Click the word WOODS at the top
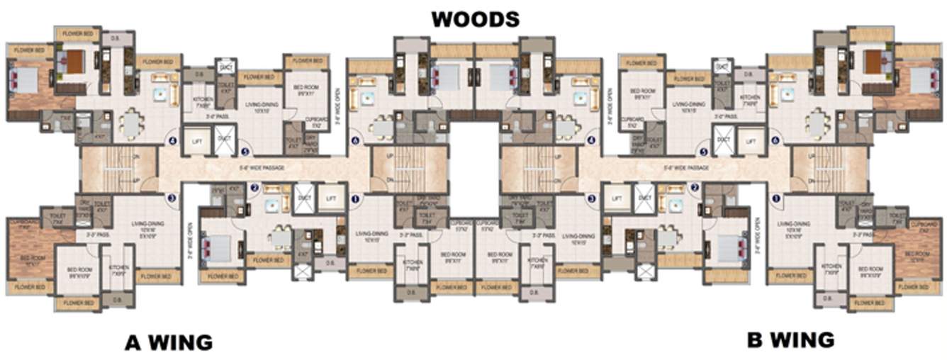tap(475, 18)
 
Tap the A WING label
tap(169, 342)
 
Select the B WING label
tap(790, 339)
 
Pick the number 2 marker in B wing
tap(695, 187)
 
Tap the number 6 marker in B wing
tap(775, 140)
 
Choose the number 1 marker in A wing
tap(354, 199)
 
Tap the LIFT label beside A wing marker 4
tap(197, 140)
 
